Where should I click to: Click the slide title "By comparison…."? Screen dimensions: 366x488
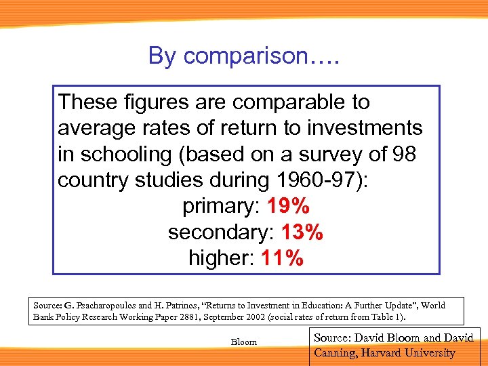(243, 56)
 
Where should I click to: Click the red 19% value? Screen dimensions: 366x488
(289, 207)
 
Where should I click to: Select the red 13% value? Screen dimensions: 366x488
(302, 232)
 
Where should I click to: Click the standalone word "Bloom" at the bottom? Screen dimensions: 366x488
(244, 342)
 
